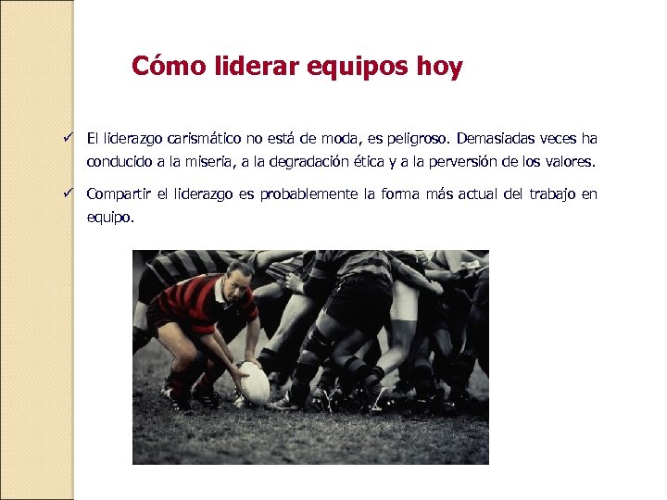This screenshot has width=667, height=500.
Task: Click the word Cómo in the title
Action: click(x=157, y=68)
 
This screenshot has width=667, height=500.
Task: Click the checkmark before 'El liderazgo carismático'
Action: click(x=69, y=138)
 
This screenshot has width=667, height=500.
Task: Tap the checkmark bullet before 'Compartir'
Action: click(x=69, y=194)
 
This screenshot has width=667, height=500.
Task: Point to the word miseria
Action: click(x=183, y=161)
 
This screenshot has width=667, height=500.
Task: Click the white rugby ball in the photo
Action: click(x=254, y=382)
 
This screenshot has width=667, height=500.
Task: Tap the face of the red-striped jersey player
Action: click(x=239, y=281)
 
